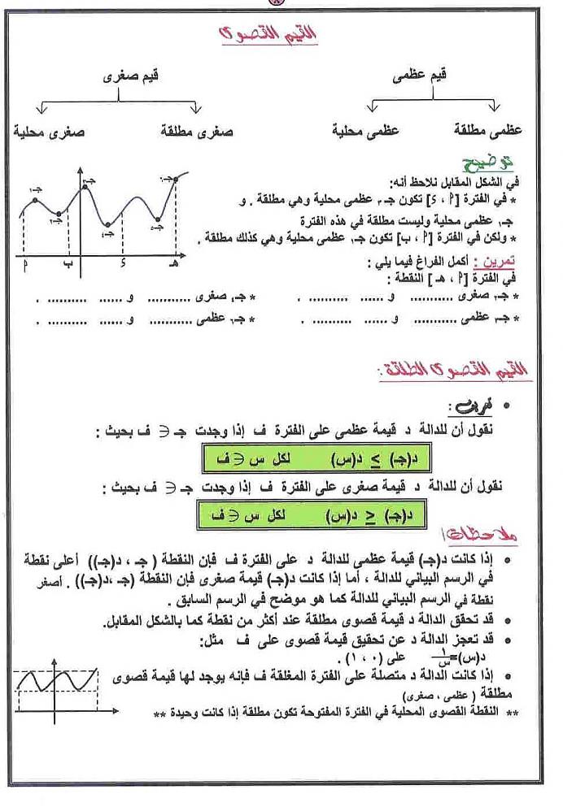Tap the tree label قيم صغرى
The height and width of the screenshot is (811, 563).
pos(131,77)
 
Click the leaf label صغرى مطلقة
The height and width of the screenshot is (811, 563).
pos(198,130)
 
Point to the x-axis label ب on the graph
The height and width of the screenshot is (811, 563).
pos(68,264)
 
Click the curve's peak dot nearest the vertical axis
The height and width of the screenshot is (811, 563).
pos(84,189)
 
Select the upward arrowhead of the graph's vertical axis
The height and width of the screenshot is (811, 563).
pos(80,171)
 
